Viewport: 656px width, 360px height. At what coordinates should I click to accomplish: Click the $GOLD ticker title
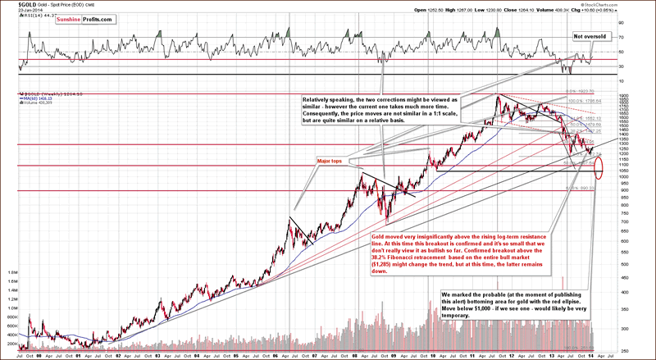pyautogui.click(x=15, y=4)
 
